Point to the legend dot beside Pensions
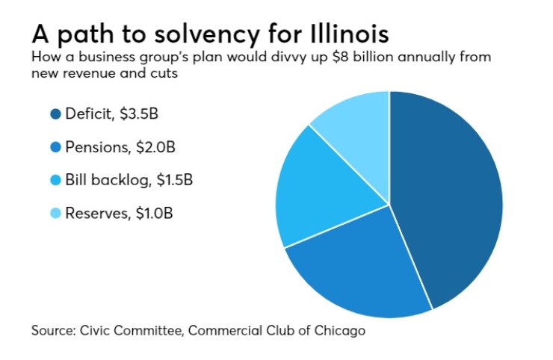coord(55,146)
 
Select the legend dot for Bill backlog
coord(55,180)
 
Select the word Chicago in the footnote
coord(342,329)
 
